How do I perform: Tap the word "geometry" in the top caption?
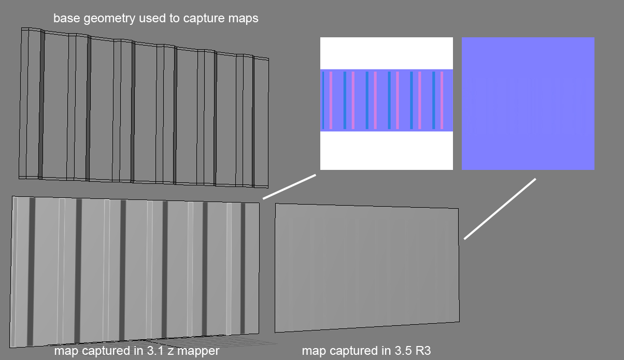pyautogui.click(x=108, y=19)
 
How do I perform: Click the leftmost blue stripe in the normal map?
pyautogui.click(x=323, y=100)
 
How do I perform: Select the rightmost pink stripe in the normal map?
pyautogui.click(x=442, y=100)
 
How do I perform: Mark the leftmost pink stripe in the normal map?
pyautogui.click(x=331, y=100)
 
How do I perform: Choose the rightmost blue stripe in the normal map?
pyautogui.click(x=434, y=100)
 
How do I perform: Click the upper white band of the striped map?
pyautogui.click(x=386, y=53)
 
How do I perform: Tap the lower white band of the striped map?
pyautogui.click(x=386, y=150)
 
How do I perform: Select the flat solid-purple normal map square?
pyautogui.click(x=528, y=103)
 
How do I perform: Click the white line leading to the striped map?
pyautogui.click(x=289, y=186)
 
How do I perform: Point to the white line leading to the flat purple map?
pyautogui.click(x=500, y=209)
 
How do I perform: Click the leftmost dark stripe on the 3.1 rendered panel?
pyautogui.click(x=31, y=272)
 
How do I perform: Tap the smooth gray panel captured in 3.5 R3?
pyautogui.click(x=367, y=267)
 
